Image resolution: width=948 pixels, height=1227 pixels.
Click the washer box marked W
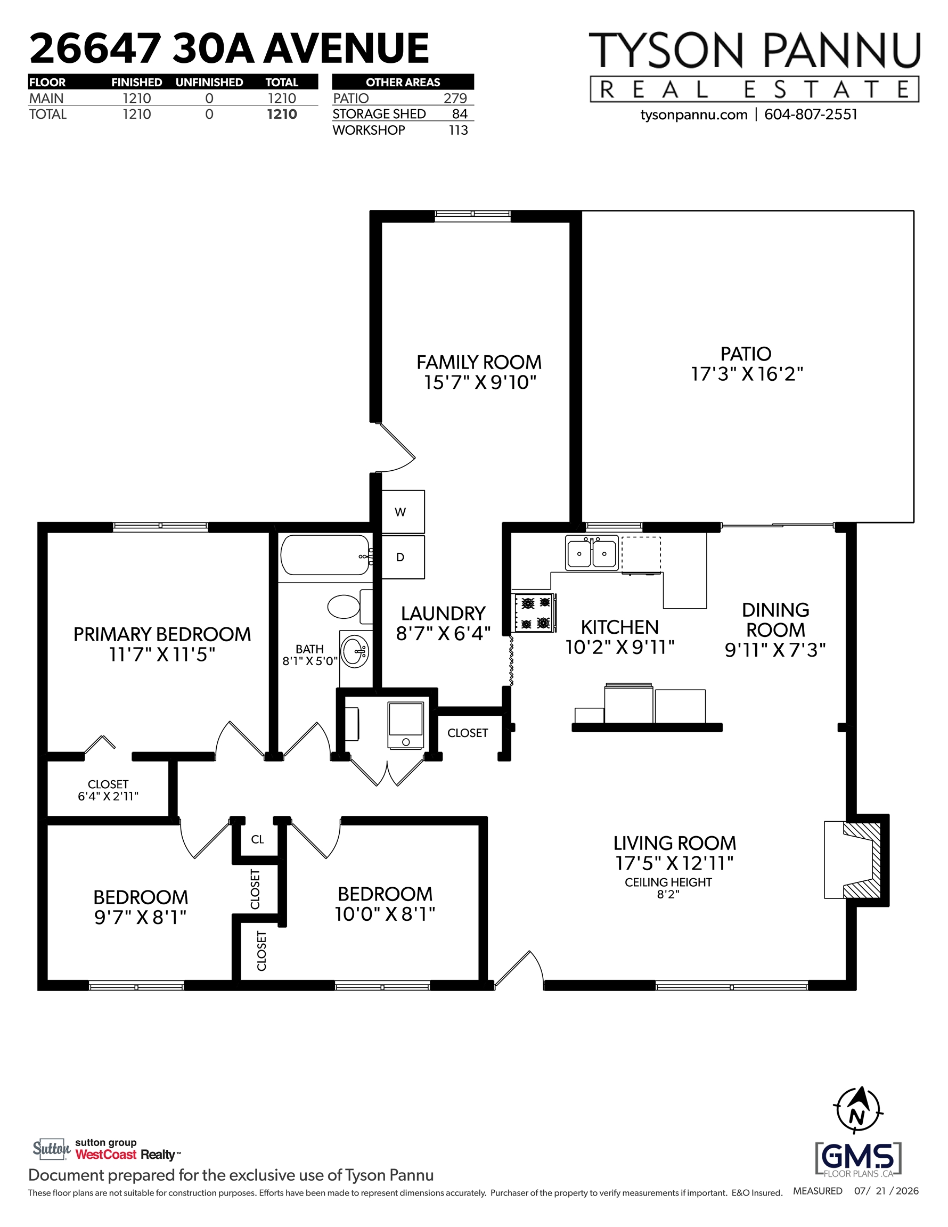(403, 512)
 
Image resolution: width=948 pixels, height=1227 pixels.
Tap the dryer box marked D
(403, 557)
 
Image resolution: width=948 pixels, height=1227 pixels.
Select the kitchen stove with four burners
(534, 613)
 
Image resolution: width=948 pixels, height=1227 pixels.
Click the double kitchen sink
(592, 553)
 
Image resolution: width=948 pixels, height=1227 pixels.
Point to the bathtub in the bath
(325, 554)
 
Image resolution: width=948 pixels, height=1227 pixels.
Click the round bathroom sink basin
(356, 652)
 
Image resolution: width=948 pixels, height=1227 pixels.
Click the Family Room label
(479, 362)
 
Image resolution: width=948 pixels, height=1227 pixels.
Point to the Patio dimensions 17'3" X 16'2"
(747, 374)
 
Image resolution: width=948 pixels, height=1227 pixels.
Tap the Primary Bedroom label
(162, 634)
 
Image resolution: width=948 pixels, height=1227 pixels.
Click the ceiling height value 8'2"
(668, 894)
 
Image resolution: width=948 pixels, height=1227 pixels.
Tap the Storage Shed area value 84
(460, 114)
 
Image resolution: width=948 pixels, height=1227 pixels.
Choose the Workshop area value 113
(459, 130)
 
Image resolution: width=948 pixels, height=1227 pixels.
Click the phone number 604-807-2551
(811, 114)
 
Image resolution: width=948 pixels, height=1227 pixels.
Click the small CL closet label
(257, 839)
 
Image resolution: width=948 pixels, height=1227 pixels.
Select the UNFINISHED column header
(209, 82)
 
